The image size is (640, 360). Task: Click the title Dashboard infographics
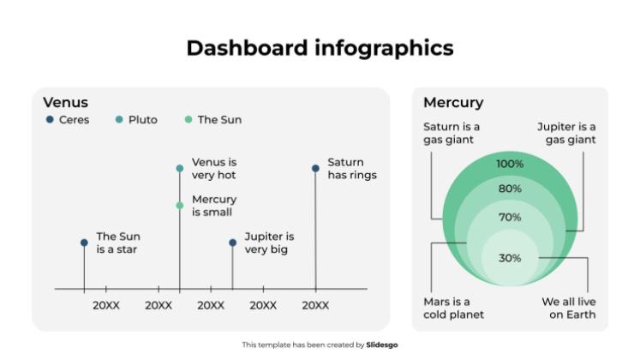pyautogui.click(x=320, y=47)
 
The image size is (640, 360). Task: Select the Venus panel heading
pyautogui.click(x=65, y=103)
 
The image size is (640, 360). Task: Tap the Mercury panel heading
pyautogui.click(x=453, y=103)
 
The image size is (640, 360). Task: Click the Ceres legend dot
pyautogui.click(x=50, y=120)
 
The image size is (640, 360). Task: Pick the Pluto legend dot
pyautogui.click(x=119, y=120)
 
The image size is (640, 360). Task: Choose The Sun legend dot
pyautogui.click(x=188, y=120)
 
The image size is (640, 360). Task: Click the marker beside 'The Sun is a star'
pyautogui.click(x=84, y=243)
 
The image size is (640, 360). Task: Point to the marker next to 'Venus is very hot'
pyautogui.click(x=180, y=169)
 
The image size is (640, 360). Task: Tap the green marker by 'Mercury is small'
pyautogui.click(x=180, y=206)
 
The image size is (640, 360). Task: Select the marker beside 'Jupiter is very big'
pyautogui.click(x=233, y=243)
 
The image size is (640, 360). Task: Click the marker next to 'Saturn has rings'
pyautogui.click(x=316, y=169)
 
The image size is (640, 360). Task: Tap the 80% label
pyautogui.click(x=510, y=189)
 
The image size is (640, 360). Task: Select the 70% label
pyautogui.click(x=510, y=218)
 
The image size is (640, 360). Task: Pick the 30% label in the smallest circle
pyautogui.click(x=510, y=258)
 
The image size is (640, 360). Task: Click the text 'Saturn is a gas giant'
pyautogui.click(x=452, y=133)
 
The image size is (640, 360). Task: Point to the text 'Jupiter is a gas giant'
pyautogui.click(x=566, y=133)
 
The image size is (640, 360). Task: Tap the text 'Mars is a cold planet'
pyautogui.click(x=453, y=308)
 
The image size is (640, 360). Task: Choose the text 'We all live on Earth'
pyautogui.click(x=569, y=308)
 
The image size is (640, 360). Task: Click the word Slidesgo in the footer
pyautogui.click(x=382, y=345)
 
